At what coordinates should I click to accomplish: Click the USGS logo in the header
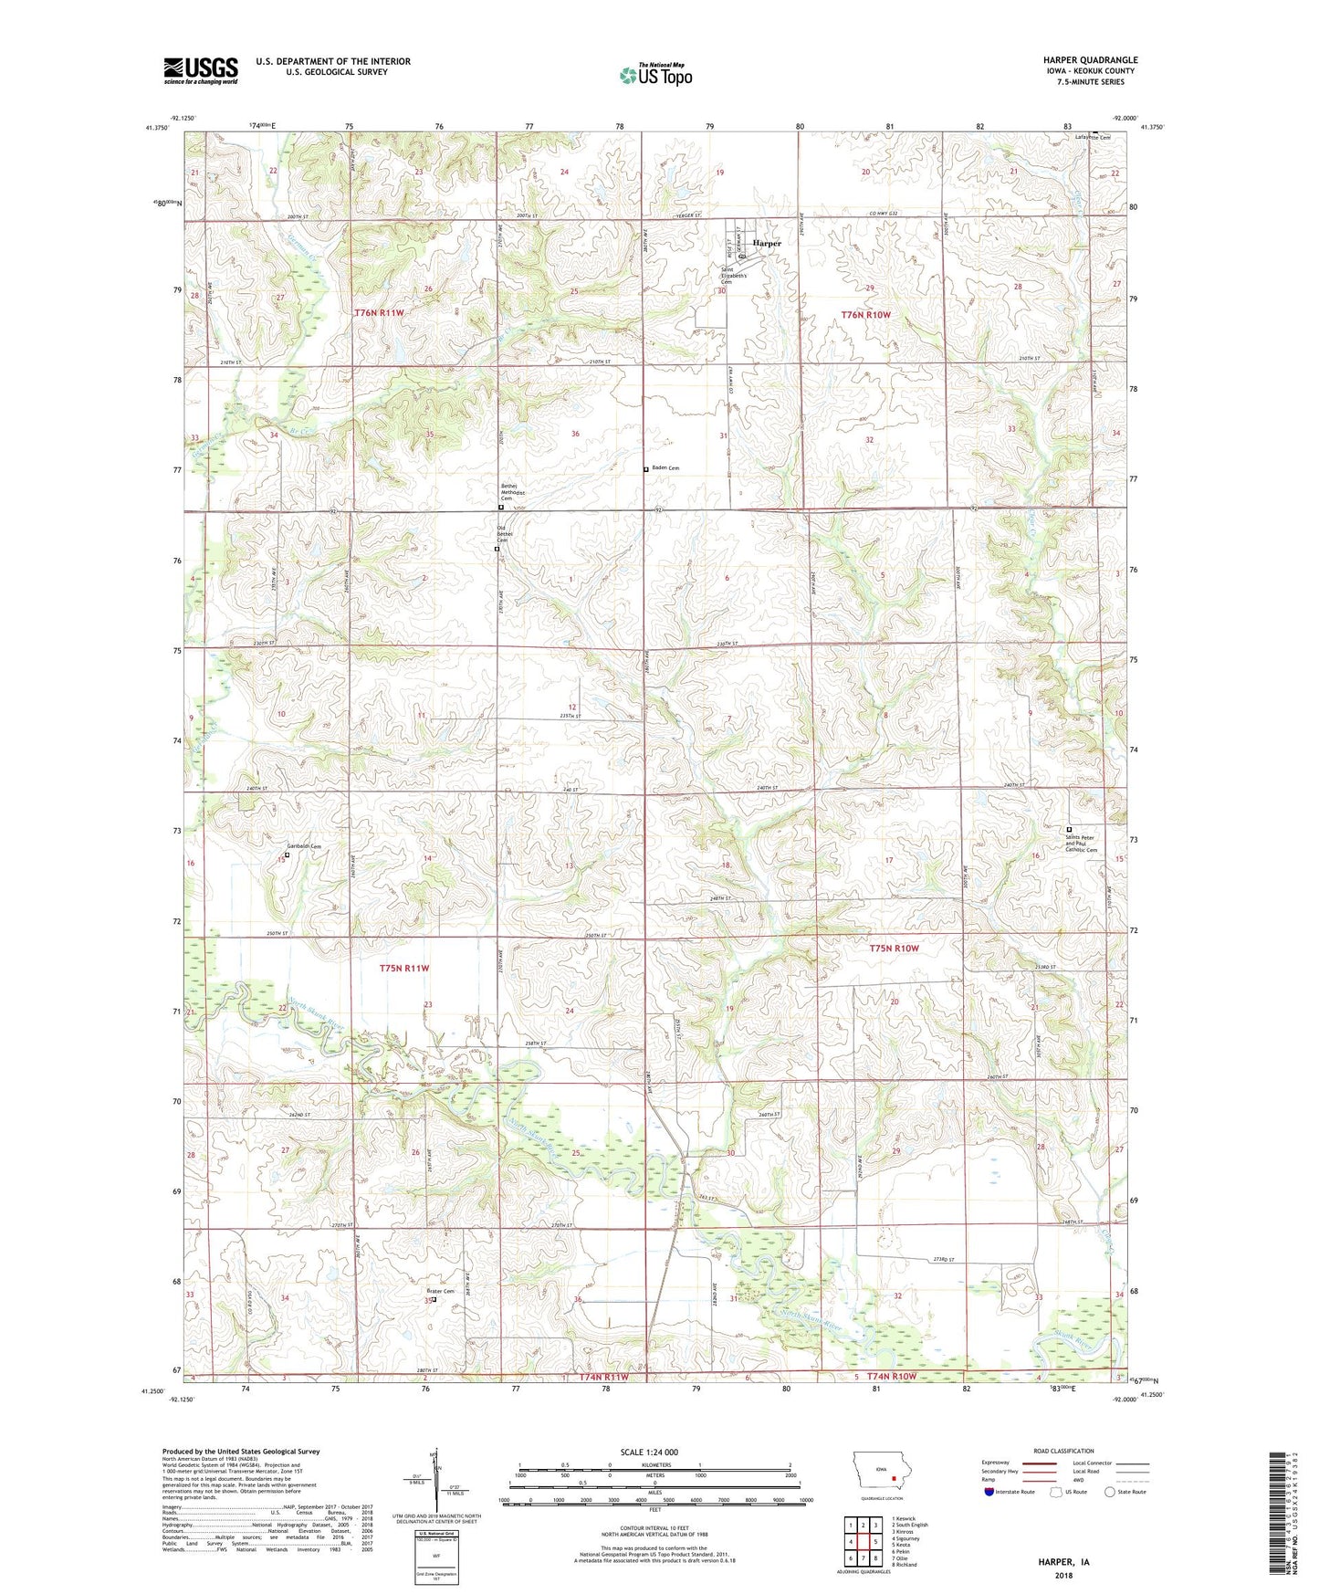pyautogui.click(x=201, y=70)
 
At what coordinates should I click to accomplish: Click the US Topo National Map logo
pyautogui.click(x=655, y=74)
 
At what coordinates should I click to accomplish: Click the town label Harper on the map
pyautogui.click(x=767, y=244)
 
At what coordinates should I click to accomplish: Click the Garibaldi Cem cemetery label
pyautogui.click(x=305, y=846)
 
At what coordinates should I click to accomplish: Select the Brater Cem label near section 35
pyautogui.click(x=440, y=1291)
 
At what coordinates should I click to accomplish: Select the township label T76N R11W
pyautogui.click(x=379, y=313)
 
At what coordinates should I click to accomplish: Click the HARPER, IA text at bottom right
pyautogui.click(x=1063, y=1562)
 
